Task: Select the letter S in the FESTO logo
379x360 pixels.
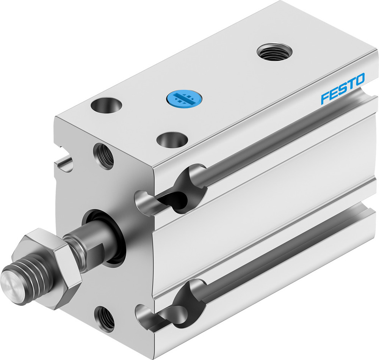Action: [342, 88]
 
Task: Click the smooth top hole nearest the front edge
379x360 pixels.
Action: [172, 139]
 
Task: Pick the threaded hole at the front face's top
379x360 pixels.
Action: [103, 155]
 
